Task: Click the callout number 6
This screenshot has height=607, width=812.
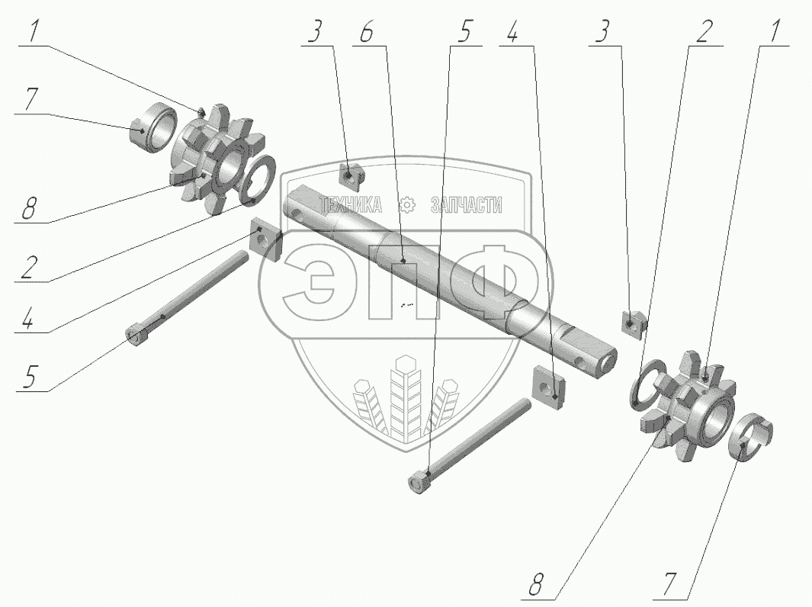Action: point(366,33)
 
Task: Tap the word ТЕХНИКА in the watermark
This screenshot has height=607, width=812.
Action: point(351,205)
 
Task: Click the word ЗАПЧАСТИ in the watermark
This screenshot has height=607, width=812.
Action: point(466,205)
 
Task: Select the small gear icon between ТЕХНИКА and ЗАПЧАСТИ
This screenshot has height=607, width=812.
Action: point(407,204)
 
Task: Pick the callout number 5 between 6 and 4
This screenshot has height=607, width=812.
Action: point(464,33)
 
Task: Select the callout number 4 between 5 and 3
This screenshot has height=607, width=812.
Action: point(512,33)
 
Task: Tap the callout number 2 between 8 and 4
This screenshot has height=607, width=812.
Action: point(30,268)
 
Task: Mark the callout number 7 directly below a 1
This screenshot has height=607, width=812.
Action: point(32,99)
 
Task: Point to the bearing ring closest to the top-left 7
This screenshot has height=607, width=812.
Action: point(153,128)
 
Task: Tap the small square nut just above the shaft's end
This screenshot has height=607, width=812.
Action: point(634,323)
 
